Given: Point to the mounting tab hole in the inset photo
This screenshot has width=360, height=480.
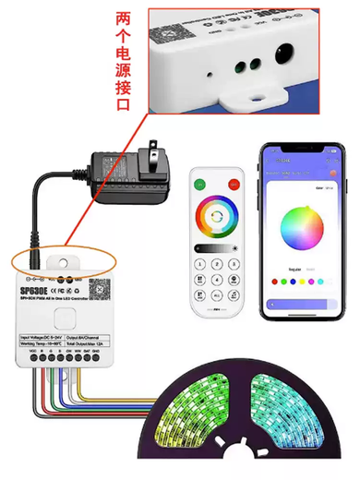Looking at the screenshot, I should [252, 95].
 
